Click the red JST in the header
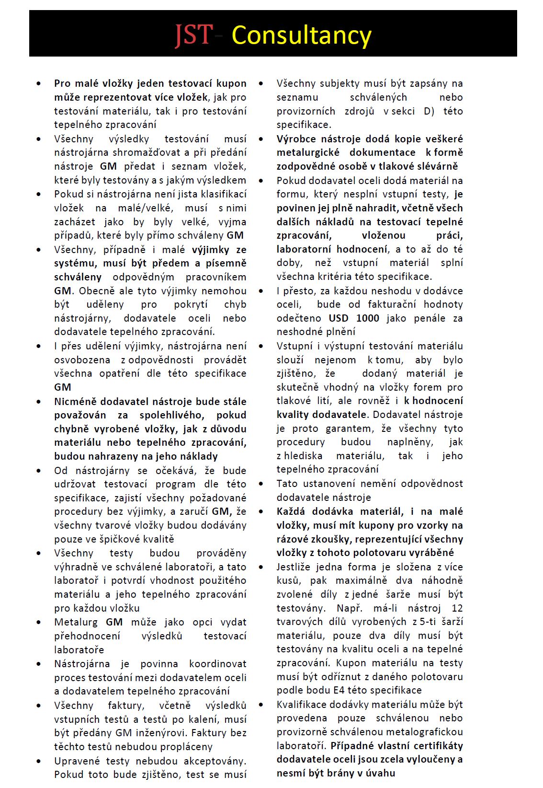pos(193,35)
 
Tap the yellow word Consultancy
pos(301,35)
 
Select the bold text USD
pos(339,318)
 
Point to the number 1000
pos(368,318)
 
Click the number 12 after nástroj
pos(457,608)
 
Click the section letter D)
pos(429,111)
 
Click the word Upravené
pos(78,761)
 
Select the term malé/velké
pos(151,208)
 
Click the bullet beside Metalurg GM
pos(38,622)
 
